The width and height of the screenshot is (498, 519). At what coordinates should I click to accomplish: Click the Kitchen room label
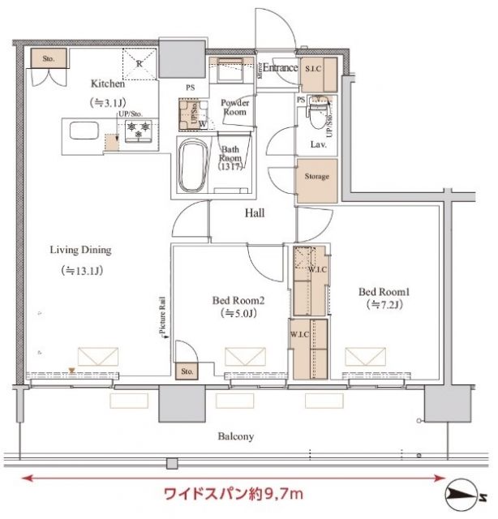107,84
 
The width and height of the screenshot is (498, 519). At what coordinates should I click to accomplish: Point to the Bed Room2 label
239,300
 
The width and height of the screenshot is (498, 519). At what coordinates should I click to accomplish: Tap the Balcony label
235,436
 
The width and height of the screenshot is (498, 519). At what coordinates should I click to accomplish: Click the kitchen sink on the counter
81,131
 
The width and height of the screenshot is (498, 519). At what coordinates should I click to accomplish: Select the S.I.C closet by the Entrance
313,69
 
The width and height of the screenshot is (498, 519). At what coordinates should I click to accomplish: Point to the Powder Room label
234,108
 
